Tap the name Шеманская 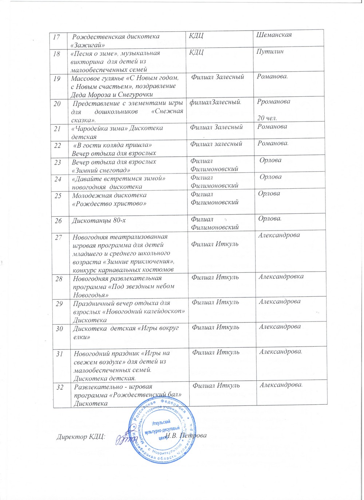coord(274,35)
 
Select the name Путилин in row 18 coord(270,52)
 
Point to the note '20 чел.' coord(267,118)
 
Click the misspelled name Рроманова coord(274,101)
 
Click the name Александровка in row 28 coord(281,277)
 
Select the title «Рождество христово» coord(109,204)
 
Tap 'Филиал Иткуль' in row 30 coord(215,327)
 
